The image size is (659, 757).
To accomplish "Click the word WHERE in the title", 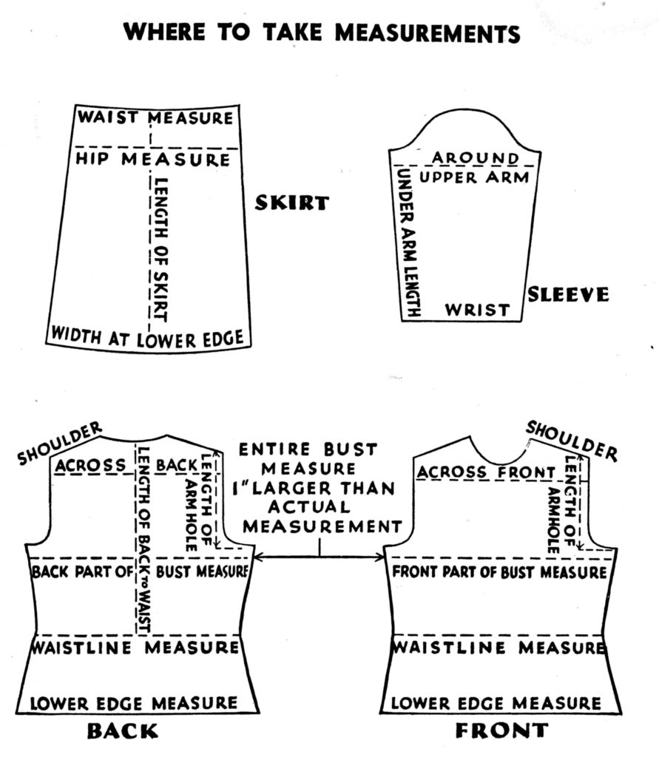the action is [x=164, y=33].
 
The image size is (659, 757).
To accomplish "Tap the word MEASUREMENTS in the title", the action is [x=427, y=33].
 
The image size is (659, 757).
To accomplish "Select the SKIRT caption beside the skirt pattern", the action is [x=292, y=203].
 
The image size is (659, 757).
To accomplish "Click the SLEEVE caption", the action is [x=568, y=294].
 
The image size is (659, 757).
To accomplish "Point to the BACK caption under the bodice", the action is [x=123, y=731].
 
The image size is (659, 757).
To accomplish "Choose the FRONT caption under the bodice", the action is [x=502, y=730].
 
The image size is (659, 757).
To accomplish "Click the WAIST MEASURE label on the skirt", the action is [x=155, y=118].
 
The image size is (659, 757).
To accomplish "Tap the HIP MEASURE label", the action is [x=152, y=159].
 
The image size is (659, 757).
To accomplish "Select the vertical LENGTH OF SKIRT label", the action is [x=160, y=250].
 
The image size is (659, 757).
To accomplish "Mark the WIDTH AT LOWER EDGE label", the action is [x=147, y=337].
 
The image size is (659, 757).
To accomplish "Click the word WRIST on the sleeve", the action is [x=477, y=310].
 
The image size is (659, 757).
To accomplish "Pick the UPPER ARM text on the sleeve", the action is [x=474, y=177].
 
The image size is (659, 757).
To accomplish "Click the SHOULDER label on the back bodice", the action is [x=59, y=444].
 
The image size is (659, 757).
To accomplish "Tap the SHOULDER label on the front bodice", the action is [x=572, y=441].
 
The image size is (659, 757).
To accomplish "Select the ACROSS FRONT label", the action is [x=486, y=472].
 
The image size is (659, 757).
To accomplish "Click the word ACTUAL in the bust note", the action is [x=310, y=507].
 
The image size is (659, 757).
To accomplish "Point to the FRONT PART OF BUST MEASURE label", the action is [x=499, y=572].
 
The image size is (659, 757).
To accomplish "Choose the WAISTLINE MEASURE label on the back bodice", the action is [x=135, y=647].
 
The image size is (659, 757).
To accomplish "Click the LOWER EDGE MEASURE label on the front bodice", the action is [x=496, y=703].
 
